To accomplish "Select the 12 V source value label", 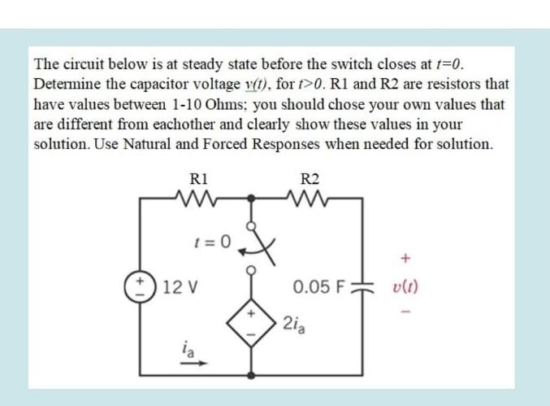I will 181,286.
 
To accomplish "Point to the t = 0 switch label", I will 214,241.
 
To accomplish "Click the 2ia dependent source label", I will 294,325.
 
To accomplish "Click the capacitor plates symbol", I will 363,286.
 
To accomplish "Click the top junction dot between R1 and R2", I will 252,197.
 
